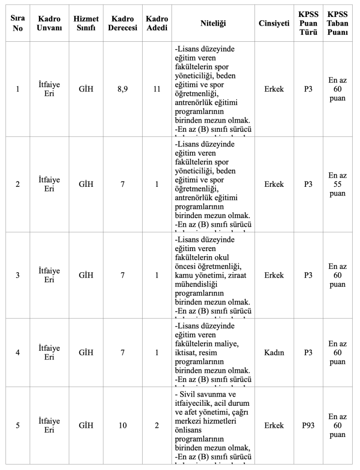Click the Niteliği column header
pyautogui.click(x=213, y=23)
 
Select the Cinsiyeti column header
pyautogui.click(x=274, y=23)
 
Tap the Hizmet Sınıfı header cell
pyautogui.click(x=86, y=23)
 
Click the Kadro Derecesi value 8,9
pyautogui.click(x=122, y=89)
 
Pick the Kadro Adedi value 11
pyautogui.click(x=157, y=89)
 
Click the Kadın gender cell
pyautogui.click(x=274, y=352)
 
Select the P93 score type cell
pyautogui.click(x=308, y=425)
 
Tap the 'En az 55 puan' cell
pyautogui.click(x=338, y=185)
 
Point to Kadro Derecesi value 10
pyautogui.click(x=122, y=425)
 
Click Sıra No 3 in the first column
pyautogui.click(x=17, y=275)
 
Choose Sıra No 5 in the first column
pyautogui.click(x=17, y=425)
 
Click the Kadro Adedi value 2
pyautogui.click(x=157, y=425)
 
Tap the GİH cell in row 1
pyautogui.click(x=86, y=89)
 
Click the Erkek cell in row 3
pyautogui.click(x=274, y=275)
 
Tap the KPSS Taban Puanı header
pyautogui.click(x=338, y=23)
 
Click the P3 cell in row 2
pyautogui.click(x=308, y=185)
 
